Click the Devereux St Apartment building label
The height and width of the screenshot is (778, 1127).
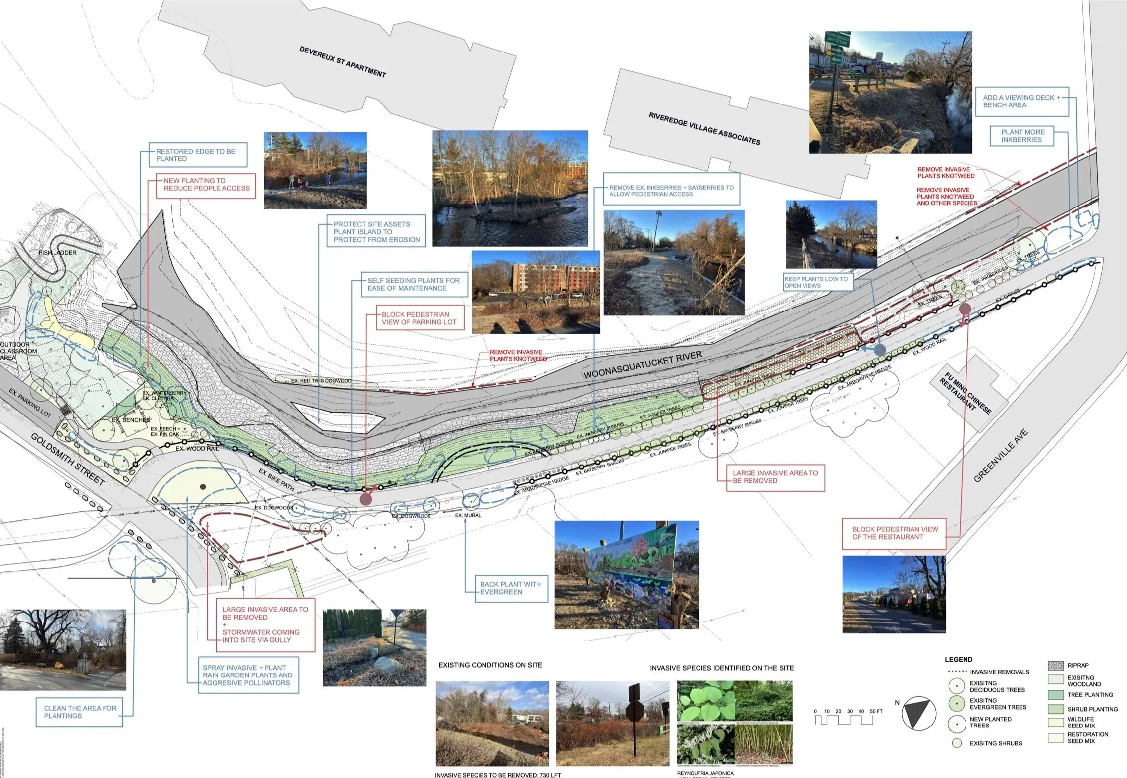[x=342, y=62]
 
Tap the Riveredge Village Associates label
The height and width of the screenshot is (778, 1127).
[x=704, y=129]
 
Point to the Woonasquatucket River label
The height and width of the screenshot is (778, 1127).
[x=642, y=365]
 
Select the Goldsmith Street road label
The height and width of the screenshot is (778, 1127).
[x=68, y=459]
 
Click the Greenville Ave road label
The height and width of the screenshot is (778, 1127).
[x=1001, y=456]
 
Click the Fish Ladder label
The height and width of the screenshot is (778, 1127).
[x=57, y=253]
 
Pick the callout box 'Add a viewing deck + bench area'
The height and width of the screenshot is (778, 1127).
[x=1021, y=102]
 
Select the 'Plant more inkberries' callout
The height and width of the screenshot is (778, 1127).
[x=1021, y=136]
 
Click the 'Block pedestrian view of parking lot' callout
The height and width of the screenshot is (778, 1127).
[x=415, y=318]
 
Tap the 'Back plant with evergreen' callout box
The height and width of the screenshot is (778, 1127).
[x=510, y=588]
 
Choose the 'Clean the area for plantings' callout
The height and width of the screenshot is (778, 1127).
[x=80, y=712]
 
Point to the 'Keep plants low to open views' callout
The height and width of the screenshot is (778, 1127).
[x=816, y=282]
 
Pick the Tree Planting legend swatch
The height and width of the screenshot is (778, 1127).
[x=1056, y=695]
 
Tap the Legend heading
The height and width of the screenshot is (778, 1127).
[x=958, y=659]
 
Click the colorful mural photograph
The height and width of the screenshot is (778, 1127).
[x=627, y=575]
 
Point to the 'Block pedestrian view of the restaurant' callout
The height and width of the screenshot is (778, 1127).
[x=894, y=533]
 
